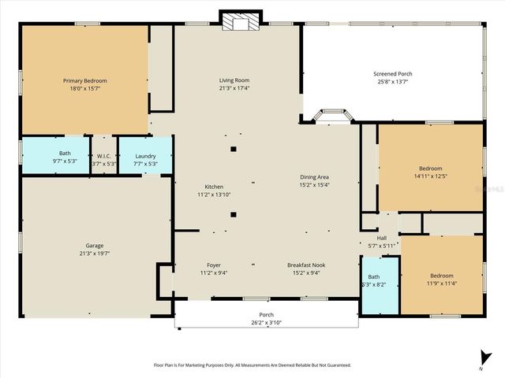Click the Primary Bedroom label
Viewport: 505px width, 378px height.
[84, 80]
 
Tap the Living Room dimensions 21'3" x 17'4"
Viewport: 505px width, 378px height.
[234, 88]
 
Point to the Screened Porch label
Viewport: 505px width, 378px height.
[393, 74]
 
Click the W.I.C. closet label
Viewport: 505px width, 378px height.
[103, 155]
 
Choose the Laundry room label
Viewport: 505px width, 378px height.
[145, 155]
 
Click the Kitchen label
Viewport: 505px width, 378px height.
[214, 187]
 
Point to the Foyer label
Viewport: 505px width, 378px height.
[214, 265]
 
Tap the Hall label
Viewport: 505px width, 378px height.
[381, 238]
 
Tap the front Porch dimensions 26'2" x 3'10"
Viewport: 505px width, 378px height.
[266, 321]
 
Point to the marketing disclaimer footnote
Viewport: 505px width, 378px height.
[251, 365]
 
